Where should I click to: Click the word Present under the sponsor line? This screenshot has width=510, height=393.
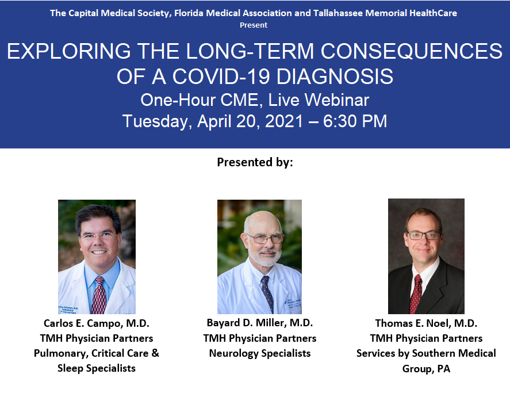[254, 25]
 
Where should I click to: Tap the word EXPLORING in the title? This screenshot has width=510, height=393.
[68, 51]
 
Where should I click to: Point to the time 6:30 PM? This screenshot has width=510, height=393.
[355, 121]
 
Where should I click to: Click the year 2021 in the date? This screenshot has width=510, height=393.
[284, 121]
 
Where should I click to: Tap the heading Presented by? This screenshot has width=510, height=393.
[255, 162]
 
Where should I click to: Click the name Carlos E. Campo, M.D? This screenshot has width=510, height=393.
[97, 323]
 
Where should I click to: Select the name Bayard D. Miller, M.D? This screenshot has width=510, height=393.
[260, 323]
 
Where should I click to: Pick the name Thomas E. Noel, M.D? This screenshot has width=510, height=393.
[426, 323]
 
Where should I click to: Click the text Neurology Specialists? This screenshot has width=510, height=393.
[260, 353]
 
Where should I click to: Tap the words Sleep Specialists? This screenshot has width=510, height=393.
[97, 368]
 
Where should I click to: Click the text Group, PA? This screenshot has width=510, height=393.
[426, 369]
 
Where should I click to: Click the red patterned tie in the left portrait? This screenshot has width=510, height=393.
[98, 296]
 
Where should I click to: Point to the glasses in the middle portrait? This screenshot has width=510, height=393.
[264, 238]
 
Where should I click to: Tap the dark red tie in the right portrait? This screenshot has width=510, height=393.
[416, 293]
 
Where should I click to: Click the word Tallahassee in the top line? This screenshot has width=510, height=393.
[338, 13]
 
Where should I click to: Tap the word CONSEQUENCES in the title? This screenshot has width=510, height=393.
[412, 51]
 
